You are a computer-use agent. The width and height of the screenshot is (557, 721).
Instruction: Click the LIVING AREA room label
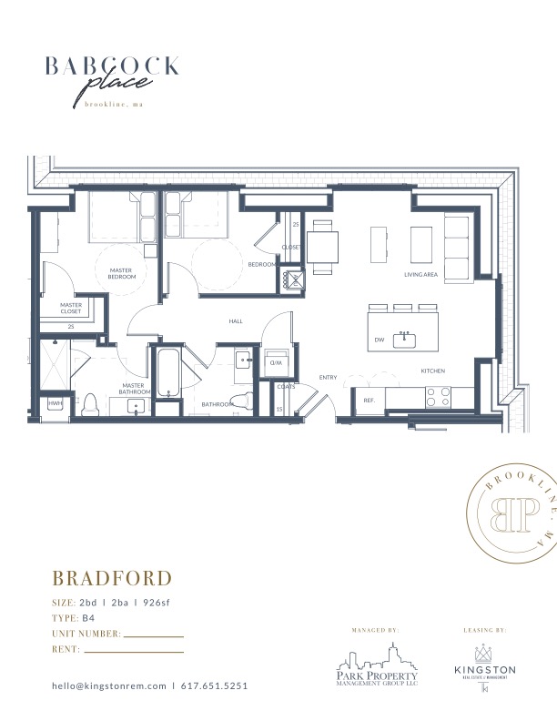click(x=421, y=274)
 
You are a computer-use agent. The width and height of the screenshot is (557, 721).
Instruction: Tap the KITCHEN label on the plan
click(x=431, y=371)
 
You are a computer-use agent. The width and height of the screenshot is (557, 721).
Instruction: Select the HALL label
click(x=236, y=321)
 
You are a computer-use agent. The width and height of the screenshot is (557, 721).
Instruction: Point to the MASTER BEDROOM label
click(x=123, y=273)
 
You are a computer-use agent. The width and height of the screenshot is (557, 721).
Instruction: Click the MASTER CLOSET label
click(x=71, y=308)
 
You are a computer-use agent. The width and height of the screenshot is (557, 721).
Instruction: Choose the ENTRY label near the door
click(x=328, y=378)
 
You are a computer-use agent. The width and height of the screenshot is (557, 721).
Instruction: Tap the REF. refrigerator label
click(x=370, y=401)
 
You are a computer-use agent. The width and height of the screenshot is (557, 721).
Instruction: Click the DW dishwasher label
click(x=379, y=340)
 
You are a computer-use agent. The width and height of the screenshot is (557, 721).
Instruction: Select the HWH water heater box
click(x=55, y=402)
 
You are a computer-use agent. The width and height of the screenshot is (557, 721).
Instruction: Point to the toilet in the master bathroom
click(x=91, y=403)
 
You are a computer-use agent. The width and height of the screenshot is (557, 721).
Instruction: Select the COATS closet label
click(x=286, y=387)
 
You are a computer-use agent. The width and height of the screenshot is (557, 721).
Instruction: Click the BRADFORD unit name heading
click(x=112, y=579)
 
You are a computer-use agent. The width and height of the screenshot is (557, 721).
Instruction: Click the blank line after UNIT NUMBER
click(x=153, y=635)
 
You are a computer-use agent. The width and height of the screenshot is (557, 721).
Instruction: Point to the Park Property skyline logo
click(x=375, y=660)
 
